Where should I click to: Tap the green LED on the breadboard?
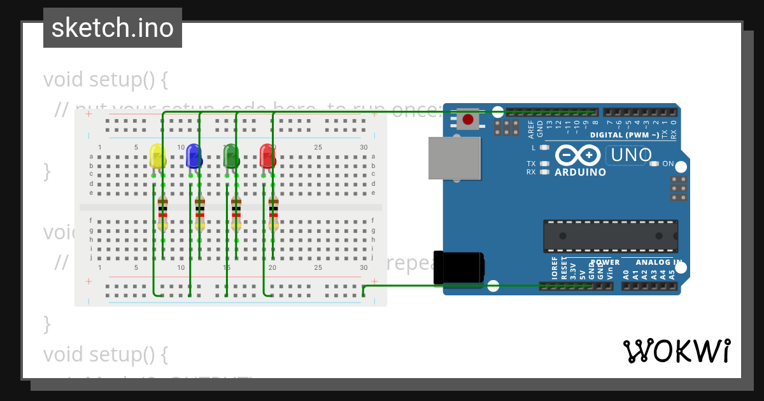pos(230,156)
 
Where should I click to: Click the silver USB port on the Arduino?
pos(454,158)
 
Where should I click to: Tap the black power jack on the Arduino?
pos(458,267)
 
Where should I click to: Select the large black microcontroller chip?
pos(610,236)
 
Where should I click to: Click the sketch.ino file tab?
pos(113,28)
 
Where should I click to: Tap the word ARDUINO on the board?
pos(580,172)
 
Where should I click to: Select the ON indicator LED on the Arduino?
pos(654,164)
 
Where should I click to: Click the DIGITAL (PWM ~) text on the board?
pos(624,135)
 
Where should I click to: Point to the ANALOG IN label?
pos(660,262)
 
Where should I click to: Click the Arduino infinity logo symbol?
pos(578,155)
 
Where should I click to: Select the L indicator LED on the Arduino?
pos(544,148)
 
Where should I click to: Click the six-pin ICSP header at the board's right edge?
pos(679,188)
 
